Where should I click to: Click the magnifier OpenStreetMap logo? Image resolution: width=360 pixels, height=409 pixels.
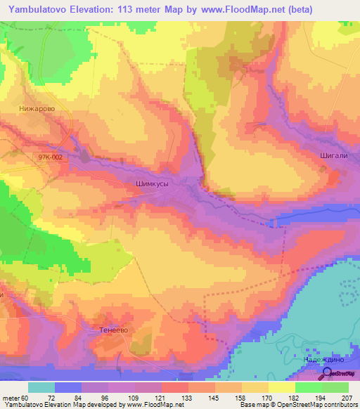point(328,373)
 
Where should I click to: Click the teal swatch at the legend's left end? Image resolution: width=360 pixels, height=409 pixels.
point(41,387)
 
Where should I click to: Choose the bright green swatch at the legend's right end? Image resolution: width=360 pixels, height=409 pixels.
point(335,387)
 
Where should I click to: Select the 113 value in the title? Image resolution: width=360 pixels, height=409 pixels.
point(135,9)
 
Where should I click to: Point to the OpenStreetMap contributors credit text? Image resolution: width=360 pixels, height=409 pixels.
point(310,405)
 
